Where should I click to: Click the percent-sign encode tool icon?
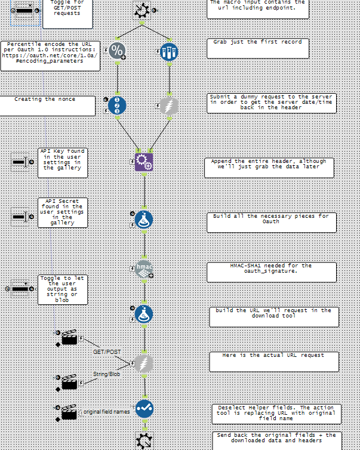117,51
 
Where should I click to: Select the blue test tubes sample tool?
169,51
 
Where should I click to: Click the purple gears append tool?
144,162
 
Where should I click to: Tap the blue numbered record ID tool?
117,105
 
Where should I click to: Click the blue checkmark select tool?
144,408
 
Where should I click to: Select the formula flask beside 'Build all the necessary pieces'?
144,220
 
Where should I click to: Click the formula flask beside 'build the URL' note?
144,314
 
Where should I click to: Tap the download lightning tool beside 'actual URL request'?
144,363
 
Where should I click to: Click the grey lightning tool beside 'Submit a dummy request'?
169,106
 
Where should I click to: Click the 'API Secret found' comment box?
63,212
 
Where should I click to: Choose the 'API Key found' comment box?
63,162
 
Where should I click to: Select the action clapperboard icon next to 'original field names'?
69,412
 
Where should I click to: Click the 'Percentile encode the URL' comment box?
50,56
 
